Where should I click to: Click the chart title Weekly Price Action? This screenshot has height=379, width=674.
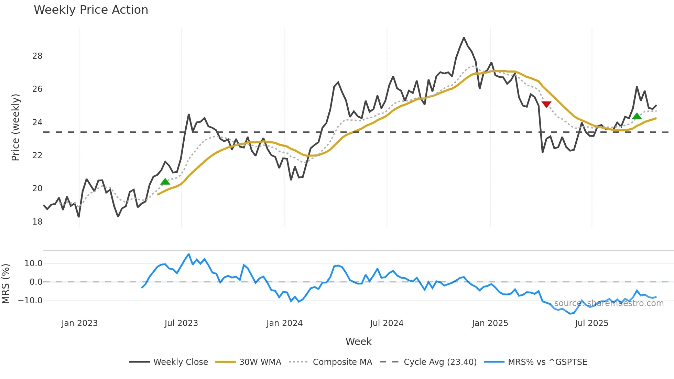(x=91, y=10)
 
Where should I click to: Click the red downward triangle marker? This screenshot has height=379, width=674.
(x=546, y=104)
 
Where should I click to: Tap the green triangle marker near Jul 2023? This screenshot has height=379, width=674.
(x=165, y=182)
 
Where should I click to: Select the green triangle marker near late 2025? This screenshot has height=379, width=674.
(x=637, y=116)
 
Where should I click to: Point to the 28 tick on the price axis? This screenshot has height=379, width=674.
(x=37, y=56)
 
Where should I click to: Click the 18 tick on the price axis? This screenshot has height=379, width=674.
(x=37, y=222)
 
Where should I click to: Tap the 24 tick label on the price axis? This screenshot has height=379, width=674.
(x=37, y=122)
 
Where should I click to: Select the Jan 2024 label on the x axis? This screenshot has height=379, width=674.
(x=284, y=323)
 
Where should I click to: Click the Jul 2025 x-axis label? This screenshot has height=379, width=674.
(x=591, y=323)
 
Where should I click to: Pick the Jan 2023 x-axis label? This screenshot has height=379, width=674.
(x=79, y=323)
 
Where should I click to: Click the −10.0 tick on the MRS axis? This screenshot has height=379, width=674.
(x=30, y=301)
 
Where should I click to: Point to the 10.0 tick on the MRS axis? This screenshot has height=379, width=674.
(x=33, y=264)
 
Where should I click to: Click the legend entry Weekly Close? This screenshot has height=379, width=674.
(x=181, y=362)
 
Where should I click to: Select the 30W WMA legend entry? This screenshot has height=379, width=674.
(x=260, y=362)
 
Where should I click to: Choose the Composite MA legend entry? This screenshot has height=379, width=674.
(x=342, y=362)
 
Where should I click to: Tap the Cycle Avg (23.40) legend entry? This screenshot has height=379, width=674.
(x=440, y=362)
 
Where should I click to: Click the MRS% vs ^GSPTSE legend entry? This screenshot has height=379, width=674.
(x=547, y=362)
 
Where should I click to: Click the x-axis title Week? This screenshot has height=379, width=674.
(x=358, y=342)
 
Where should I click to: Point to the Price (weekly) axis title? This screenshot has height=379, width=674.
(x=15, y=127)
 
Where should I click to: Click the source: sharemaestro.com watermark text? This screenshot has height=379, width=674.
(x=609, y=303)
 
